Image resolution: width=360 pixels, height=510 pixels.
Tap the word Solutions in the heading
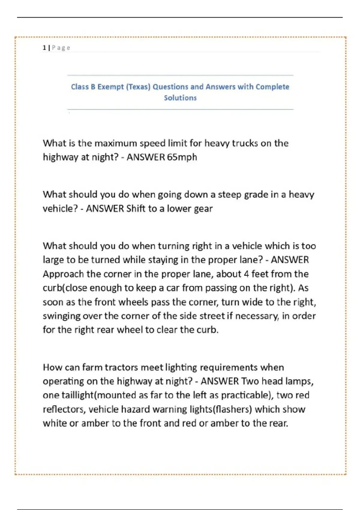click(180, 98)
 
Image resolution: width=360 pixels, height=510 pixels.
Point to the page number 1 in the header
click(44, 48)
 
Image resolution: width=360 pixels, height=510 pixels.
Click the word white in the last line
click(55, 423)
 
